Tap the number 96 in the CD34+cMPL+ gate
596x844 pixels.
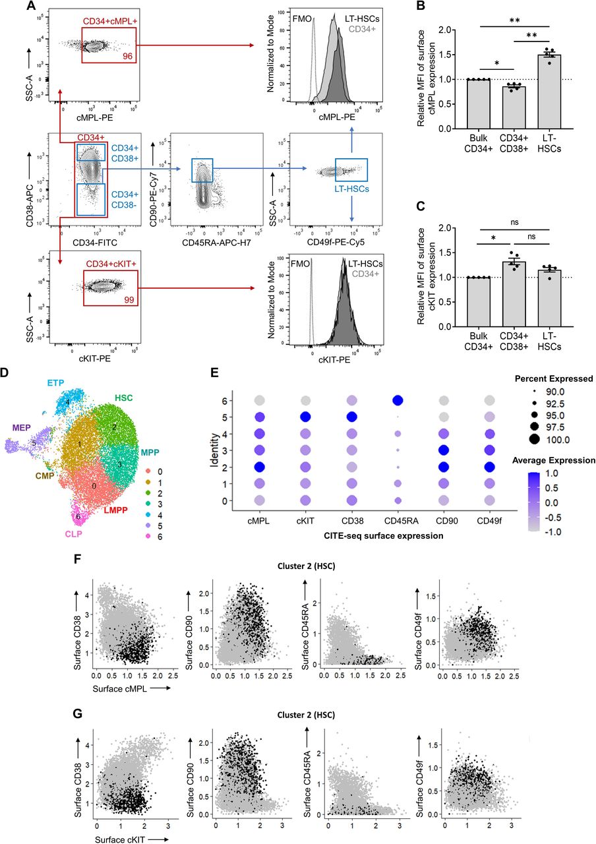tap(128, 57)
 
